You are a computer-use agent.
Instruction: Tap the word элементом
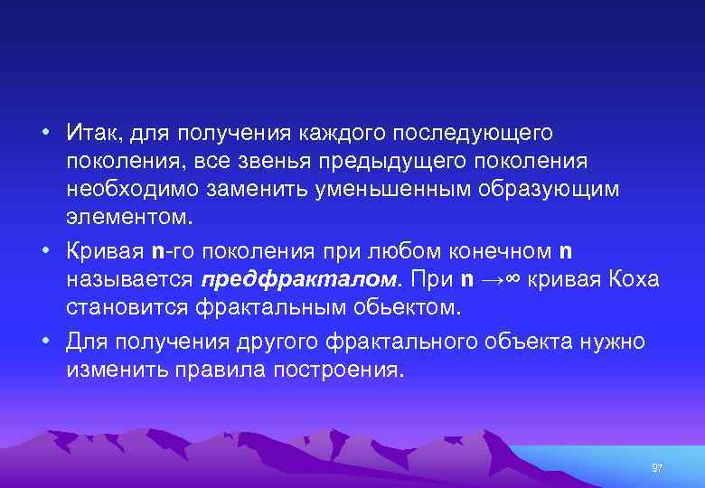point(129,220)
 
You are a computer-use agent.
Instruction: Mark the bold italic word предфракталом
point(297,279)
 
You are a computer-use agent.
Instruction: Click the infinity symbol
point(509,279)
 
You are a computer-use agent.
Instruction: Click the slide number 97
point(657,468)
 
